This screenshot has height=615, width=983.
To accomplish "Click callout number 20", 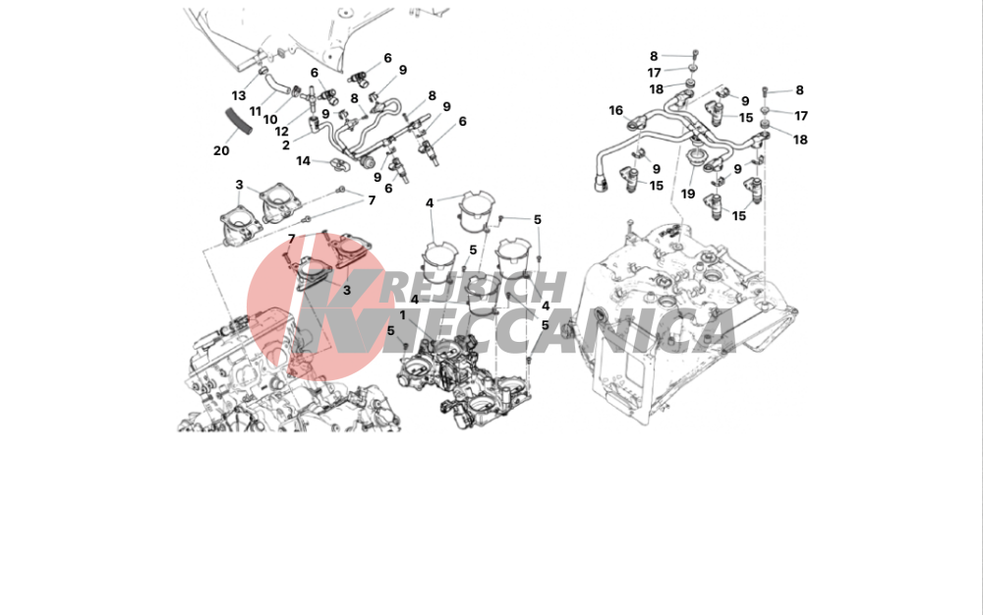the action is pos(221,151).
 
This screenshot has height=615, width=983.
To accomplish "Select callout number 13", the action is pos(238,96).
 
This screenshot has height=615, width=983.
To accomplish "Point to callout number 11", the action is pos(255,111).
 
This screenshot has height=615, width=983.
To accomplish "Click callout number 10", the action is pos(270,120).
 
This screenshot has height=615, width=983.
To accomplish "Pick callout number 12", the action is pos(281,132).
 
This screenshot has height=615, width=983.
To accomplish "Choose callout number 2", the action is pos(286,145).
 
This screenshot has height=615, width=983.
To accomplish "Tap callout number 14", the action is pos(304,161).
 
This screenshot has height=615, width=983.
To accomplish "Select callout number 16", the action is pos(616,111).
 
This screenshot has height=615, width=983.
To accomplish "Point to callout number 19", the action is pos(688,195).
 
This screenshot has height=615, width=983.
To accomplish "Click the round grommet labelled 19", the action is pos(695,155).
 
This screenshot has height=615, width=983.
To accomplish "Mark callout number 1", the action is pos(402,315).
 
